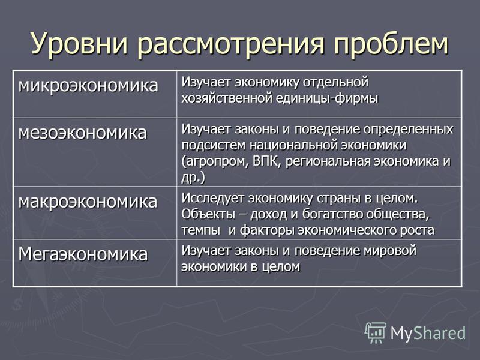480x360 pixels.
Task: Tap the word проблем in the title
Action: (x=391, y=43)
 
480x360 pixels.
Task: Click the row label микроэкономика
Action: (x=88, y=85)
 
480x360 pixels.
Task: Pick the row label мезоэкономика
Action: (x=83, y=133)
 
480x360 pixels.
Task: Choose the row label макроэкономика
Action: (x=88, y=202)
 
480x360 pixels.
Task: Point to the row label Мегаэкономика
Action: (x=83, y=254)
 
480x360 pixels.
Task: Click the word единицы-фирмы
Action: (x=327, y=98)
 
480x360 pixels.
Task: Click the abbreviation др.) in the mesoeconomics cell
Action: (x=193, y=178)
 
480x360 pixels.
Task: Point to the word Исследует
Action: (x=213, y=199)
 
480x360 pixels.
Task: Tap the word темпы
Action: (x=201, y=230)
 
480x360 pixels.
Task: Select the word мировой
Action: (x=390, y=251)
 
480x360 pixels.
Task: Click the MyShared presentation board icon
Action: (x=376, y=333)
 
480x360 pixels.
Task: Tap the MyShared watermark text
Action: (x=428, y=333)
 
